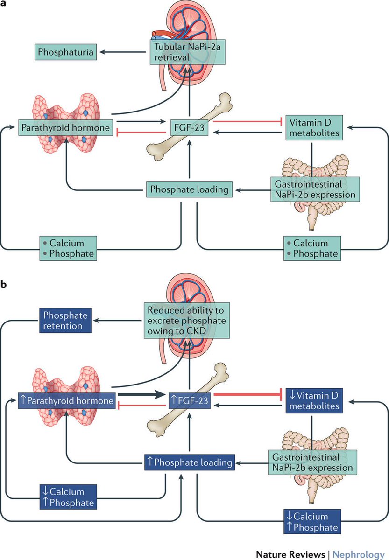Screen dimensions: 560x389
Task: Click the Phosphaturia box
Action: (65, 52)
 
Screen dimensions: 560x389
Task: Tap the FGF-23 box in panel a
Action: (189, 127)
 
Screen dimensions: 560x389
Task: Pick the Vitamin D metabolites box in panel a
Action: (311, 127)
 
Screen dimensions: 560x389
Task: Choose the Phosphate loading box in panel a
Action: (189, 189)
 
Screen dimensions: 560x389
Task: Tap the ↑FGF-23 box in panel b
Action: (189, 400)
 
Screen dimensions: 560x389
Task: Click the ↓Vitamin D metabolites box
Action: (311, 400)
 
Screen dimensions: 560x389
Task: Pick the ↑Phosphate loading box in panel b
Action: (189, 462)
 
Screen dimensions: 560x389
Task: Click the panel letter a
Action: (4, 4)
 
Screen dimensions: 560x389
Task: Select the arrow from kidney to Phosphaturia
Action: (124, 52)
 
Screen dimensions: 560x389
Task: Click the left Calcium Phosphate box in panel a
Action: (68, 248)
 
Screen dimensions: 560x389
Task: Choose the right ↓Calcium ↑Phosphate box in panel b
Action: (312, 521)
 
